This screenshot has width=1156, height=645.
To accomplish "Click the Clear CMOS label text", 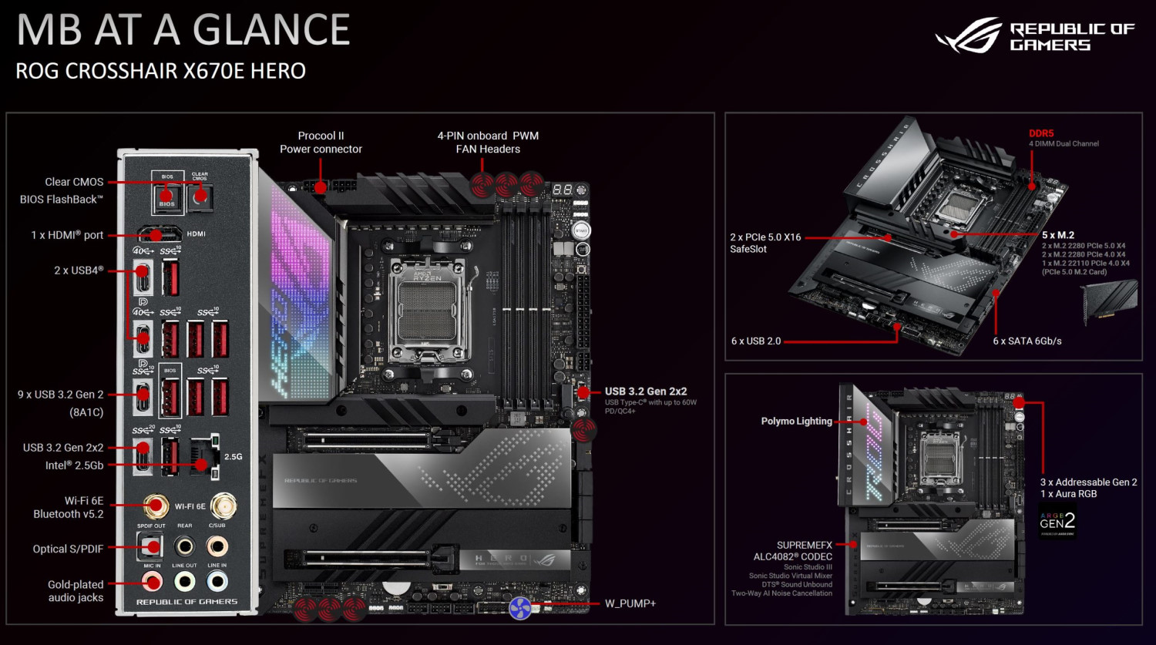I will pyautogui.click(x=74, y=182).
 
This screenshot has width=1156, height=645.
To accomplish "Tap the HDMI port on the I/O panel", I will pyautogui.click(x=160, y=234).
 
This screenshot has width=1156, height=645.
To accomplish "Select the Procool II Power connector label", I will pyautogui.click(x=321, y=143).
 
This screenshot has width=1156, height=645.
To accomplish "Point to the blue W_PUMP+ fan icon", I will pyautogui.click(x=520, y=608).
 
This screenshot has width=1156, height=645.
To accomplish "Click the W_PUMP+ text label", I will pyautogui.click(x=630, y=603).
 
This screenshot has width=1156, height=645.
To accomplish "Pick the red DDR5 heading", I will pyautogui.click(x=1041, y=133).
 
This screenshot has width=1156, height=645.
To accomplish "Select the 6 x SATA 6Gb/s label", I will pyautogui.click(x=1027, y=341).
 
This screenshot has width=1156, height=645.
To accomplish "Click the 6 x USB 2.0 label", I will pyautogui.click(x=756, y=341).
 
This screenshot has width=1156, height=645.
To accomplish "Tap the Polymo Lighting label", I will pyautogui.click(x=796, y=422).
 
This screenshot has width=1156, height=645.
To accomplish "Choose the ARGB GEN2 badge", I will pyautogui.click(x=1057, y=522).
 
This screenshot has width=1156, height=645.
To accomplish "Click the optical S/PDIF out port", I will pyautogui.click(x=151, y=546).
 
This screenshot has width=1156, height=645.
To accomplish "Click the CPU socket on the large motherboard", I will pyautogui.click(x=428, y=311).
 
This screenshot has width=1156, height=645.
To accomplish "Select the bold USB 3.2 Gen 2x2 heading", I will pyautogui.click(x=645, y=391).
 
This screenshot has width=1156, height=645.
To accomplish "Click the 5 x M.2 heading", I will pyautogui.click(x=1057, y=235).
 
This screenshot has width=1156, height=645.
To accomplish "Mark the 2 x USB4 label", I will pyautogui.click(x=79, y=270).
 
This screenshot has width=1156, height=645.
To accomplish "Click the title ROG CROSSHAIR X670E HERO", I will pyautogui.click(x=160, y=71).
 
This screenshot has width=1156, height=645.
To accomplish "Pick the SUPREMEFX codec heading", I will pyautogui.click(x=804, y=545).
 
